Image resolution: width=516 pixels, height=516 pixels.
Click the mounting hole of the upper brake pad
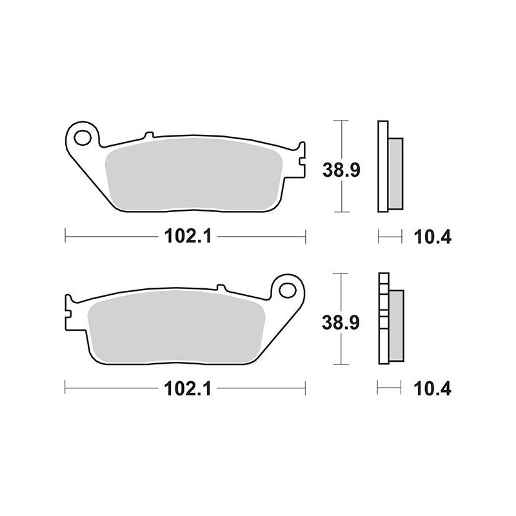click(83, 138)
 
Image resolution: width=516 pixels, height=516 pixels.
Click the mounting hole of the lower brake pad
click(287, 290)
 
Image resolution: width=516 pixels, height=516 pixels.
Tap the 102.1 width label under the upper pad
click(188, 236)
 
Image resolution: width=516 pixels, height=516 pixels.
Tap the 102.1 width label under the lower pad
click(188, 389)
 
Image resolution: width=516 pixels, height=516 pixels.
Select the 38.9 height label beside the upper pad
click(342, 170)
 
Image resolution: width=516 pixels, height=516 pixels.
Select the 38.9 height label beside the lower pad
click(341, 322)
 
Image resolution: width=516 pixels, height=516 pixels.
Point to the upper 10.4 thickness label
click(433, 237)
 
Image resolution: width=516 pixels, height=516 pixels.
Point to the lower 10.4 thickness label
click(432, 389)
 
